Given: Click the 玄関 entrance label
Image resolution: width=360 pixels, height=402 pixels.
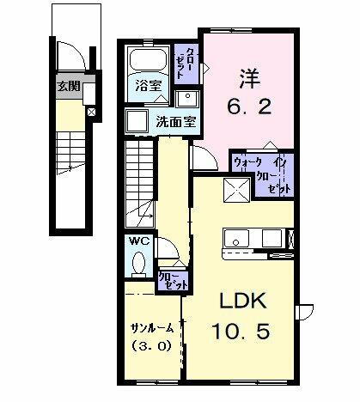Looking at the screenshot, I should (70, 85).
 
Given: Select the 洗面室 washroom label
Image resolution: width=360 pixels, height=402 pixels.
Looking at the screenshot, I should (176, 121).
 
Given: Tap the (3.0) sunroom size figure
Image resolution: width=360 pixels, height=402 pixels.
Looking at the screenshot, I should (150, 348).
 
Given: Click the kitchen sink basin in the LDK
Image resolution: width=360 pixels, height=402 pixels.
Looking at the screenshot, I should (235, 238).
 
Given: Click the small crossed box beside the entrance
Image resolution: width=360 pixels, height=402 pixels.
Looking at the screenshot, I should (92, 111).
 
